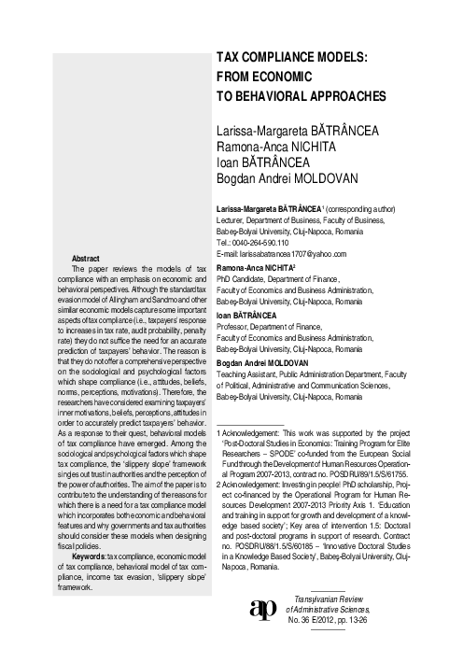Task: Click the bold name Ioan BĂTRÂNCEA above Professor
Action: coord(250,314)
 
